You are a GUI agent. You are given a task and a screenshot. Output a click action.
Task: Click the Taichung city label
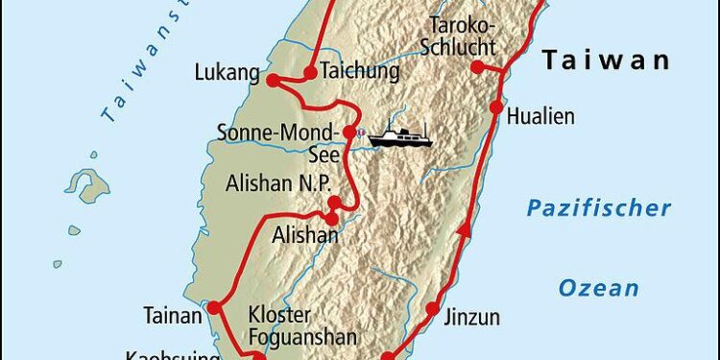tap(359, 72)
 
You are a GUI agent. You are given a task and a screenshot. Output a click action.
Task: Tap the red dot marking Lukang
tap(273, 81)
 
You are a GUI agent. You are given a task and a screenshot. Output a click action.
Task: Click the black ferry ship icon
tap(400, 136)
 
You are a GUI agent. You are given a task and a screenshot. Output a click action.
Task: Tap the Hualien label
tap(540, 117)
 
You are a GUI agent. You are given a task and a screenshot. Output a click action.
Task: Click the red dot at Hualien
tap(496, 108)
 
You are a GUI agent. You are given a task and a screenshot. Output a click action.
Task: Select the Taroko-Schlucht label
tap(463, 36)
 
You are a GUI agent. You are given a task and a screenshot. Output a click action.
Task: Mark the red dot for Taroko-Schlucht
tap(476, 67)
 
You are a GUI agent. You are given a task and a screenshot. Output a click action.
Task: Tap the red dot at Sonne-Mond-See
tap(349, 132)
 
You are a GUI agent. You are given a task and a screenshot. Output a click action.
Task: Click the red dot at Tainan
tap(215, 308)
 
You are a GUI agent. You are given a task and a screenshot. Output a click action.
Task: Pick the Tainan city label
tap(173, 314)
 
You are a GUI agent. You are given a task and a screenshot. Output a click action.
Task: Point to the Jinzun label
tap(471, 312)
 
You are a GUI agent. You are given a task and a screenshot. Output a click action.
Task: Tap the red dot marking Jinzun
tap(433, 310)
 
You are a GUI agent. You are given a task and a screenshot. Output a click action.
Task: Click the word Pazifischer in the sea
tap(597, 208)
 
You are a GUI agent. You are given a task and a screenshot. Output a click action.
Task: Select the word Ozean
tap(599, 287)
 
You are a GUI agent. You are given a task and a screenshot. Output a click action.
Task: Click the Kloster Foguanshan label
tap(302, 325)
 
